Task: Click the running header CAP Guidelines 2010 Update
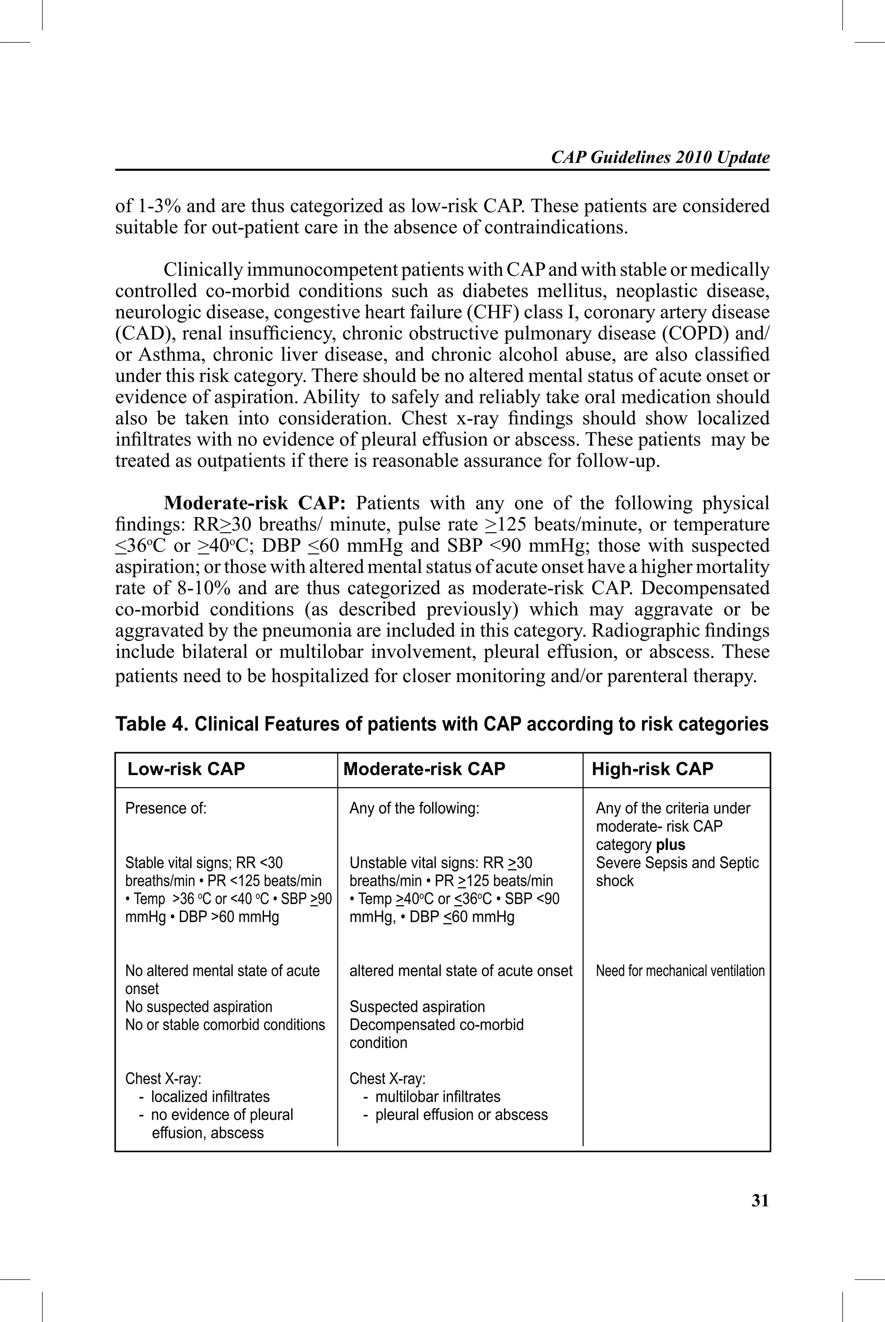[660, 157]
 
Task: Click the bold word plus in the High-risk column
[671, 845]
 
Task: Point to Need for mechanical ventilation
[680, 971]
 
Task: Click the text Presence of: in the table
[166, 808]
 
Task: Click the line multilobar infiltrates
[437, 1096]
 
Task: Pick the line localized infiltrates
[210, 1096]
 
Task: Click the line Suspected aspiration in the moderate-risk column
[417, 1006]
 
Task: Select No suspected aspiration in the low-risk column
[199, 1006]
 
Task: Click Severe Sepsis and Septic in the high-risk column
[677, 862]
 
